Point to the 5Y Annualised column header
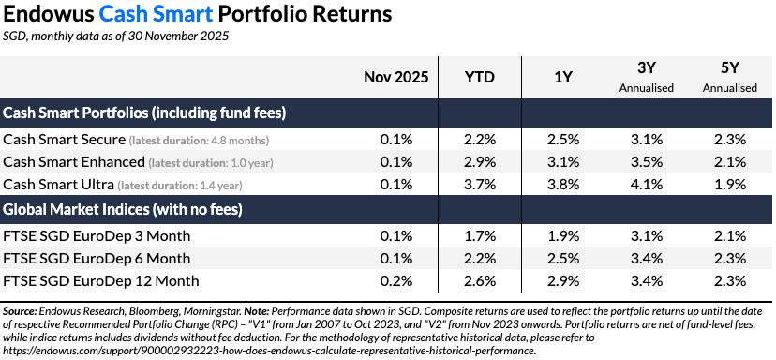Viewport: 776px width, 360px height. coord(728,78)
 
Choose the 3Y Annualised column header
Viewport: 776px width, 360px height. coord(646,78)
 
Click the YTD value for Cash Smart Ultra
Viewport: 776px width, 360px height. coord(479,184)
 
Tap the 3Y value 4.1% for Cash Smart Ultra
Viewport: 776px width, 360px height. coord(646,184)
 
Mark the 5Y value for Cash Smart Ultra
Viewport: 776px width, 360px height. coord(728,184)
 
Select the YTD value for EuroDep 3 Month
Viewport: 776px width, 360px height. coord(479,234)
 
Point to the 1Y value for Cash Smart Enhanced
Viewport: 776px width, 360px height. coord(563,161)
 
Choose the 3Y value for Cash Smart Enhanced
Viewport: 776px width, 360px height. coord(646,161)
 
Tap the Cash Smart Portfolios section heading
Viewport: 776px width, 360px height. coord(144,112)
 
